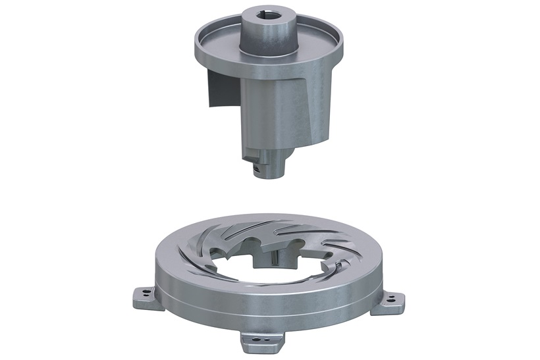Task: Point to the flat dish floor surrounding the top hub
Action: [224, 45]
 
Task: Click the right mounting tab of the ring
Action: [392, 297]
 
